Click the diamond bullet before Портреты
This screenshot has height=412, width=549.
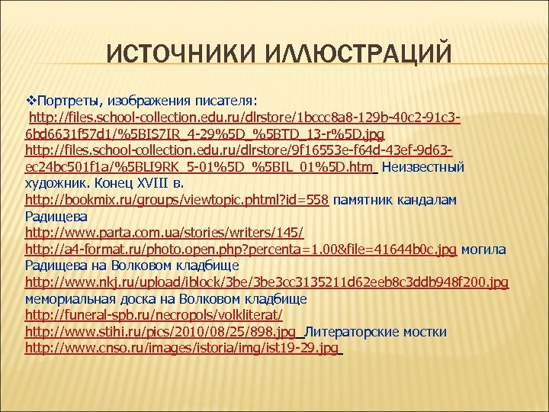click(x=30, y=100)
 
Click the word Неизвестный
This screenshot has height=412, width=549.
click(x=423, y=166)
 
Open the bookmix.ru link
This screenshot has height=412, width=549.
click(x=177, y=200)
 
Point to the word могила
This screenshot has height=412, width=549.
click(x=483, y=249)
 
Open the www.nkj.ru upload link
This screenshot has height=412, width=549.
click(x=266, y=282)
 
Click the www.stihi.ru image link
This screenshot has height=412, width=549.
click(x=160, y=332)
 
